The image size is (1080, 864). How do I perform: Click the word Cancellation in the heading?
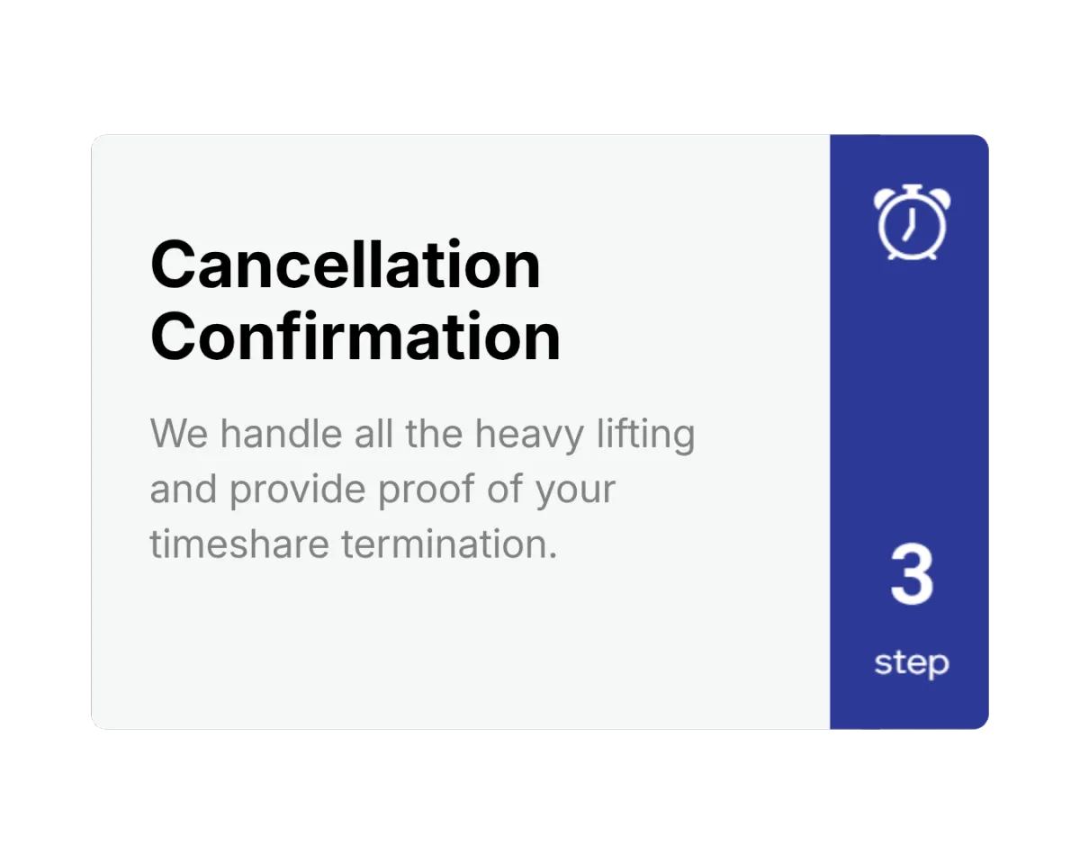[346, 264]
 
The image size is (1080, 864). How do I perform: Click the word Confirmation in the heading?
[355, 336]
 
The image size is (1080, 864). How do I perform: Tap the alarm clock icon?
[912, 222]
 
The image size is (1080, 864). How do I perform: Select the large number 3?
[912, 574]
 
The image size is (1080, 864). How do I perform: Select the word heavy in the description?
[529, 436]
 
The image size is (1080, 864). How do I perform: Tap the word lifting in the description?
[646, 436]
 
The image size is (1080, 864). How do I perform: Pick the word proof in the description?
[426, 490]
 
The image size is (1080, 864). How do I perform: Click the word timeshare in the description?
[239, 544]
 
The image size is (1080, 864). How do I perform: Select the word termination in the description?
[449, 544]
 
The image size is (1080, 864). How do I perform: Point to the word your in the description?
[576, 492]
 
